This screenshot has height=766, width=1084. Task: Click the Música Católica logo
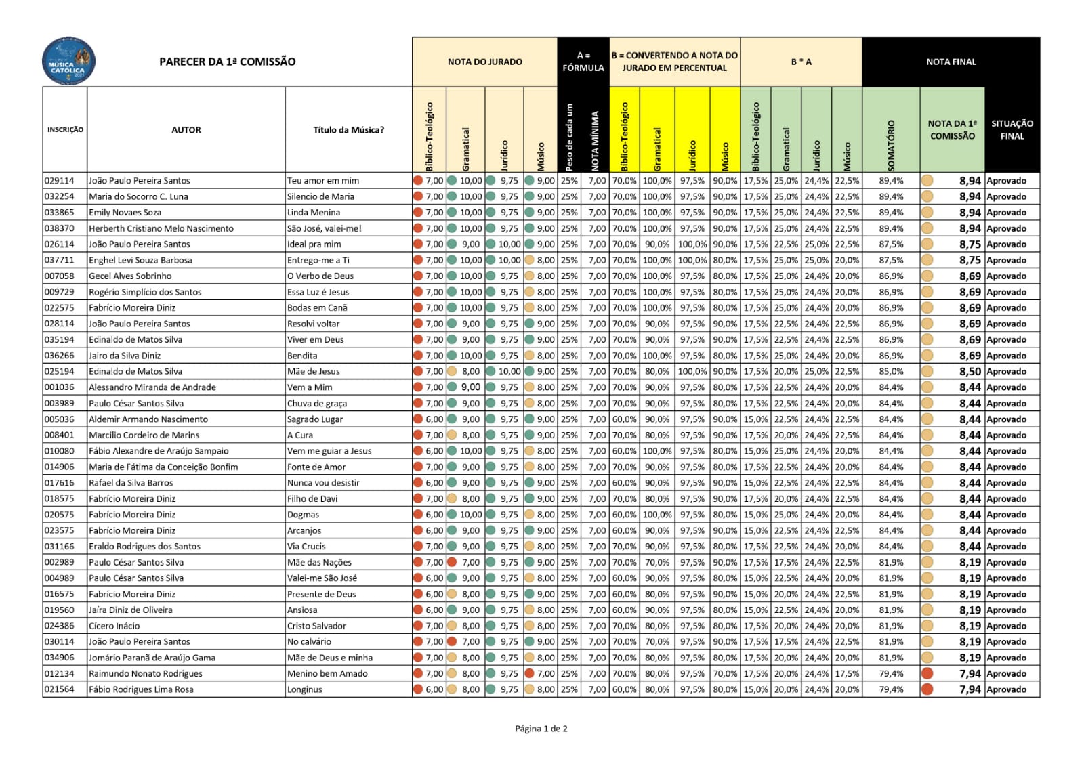point(68,61)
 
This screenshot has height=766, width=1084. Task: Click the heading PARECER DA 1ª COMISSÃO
point(227,62)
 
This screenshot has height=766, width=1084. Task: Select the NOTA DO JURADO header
point(484,62)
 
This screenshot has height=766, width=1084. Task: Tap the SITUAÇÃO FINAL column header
point(1012,129)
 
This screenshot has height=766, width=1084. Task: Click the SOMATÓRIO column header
point(890,145)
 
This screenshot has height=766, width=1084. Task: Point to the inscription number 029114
point(60,181)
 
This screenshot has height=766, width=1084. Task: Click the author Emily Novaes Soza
point(125,213)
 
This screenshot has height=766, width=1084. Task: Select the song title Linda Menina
point(313,213)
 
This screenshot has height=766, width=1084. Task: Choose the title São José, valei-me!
point(324,228)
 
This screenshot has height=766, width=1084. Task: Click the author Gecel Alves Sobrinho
point(130,276)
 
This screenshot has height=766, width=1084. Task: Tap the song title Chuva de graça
point(316,404)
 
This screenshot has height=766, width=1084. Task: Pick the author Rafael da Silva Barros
point(131,483)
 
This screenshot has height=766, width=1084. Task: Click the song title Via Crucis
point(306,547)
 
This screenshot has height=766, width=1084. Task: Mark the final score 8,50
point(970,372)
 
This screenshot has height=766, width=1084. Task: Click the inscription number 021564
point(60,689)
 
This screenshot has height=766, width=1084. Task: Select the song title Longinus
point(304,689)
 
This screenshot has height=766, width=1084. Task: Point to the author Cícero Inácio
point(114,626)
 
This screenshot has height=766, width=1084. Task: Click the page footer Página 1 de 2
point(541,729)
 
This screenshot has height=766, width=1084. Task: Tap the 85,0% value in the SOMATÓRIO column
point(891,372)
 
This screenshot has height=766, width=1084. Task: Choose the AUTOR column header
point(186,130)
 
